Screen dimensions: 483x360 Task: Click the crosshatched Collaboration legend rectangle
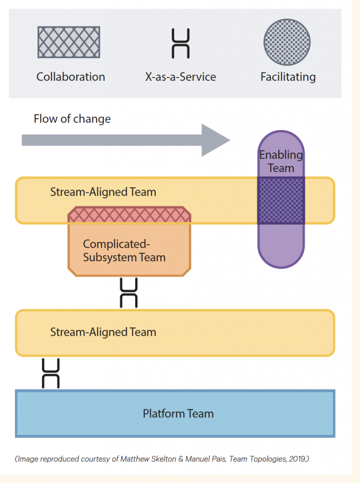coord(68,42)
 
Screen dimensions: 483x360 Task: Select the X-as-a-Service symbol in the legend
coord(180,43)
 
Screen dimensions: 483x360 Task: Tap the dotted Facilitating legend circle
coord(287,42)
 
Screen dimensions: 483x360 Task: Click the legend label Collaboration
coord(71,77)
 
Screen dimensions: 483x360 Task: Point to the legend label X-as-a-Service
coord(180,77)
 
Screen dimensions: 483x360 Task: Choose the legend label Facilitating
coord(288,77)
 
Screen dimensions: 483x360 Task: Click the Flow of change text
coord(72,118)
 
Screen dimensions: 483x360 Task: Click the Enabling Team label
coord(281,161)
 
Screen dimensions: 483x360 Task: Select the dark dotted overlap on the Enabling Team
coord(281,200)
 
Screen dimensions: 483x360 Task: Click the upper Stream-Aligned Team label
coord(103,192)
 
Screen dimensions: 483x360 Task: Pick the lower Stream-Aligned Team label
coord(103,332)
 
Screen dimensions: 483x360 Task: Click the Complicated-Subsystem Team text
coord(124,250)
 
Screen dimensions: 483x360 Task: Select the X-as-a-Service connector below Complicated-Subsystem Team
coord(129,293)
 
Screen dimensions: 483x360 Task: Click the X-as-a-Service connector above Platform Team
coord(50,373)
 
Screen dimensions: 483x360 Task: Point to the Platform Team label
coord(178,414)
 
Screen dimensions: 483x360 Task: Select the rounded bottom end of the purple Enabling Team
coord(281,255)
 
